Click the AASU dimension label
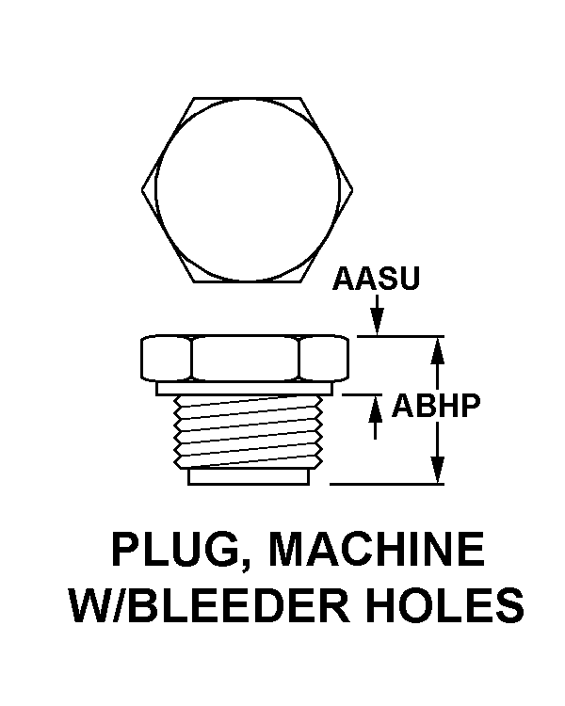[377, 279]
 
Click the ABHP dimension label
[436, 405]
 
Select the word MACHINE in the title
[377, 549]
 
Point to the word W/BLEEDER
[209, 604]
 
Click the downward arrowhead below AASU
[378, 322]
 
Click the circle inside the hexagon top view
[248, 189]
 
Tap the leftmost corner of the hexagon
[142, 189]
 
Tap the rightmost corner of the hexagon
[352, 189]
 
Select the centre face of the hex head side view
[246, 358]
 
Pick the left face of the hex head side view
[167, 358]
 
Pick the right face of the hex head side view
[324, 358]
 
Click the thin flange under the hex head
[244, 388]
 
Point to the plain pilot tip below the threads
[249, 477]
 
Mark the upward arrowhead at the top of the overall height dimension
[437, 350]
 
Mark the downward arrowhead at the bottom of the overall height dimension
[437, 471]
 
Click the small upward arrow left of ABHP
[376, 417]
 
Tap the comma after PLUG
[247, 566]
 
